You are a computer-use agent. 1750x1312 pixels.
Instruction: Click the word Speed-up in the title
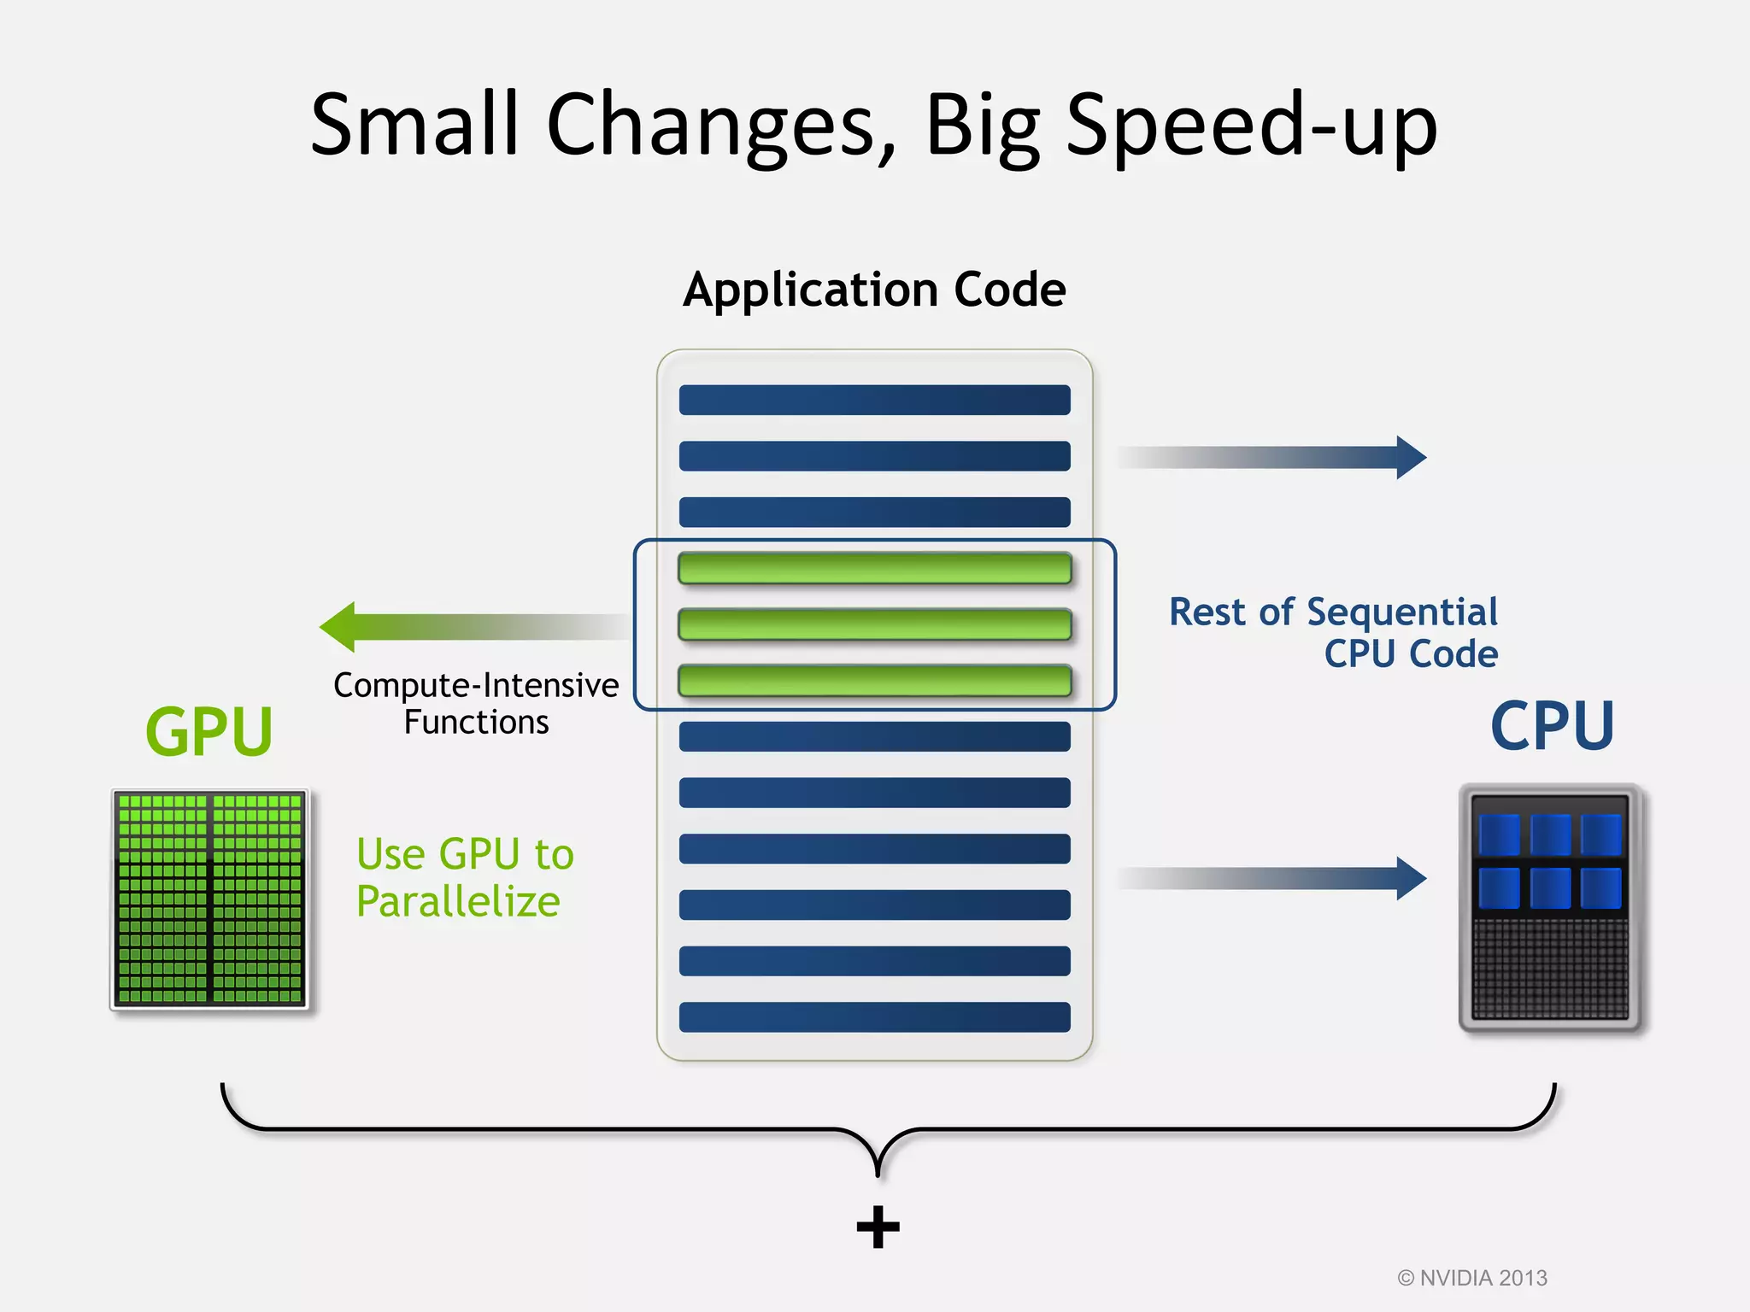1252,126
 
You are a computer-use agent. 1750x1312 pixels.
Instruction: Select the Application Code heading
874,290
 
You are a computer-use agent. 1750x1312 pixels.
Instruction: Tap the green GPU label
208,732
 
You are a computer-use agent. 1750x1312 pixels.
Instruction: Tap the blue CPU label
1552,726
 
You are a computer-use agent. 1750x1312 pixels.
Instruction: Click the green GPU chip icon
209,899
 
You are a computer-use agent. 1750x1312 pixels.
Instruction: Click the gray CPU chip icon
1550,907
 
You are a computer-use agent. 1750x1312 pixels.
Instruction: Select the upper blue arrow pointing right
1273,457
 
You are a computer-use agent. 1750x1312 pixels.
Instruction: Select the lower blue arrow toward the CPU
1273,878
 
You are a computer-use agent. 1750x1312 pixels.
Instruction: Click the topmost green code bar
874,568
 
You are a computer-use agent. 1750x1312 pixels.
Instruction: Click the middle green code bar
874,624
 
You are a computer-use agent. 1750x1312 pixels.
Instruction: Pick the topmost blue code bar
874,400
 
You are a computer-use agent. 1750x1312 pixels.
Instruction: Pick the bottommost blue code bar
874,1016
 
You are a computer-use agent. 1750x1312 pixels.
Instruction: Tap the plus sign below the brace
878,1227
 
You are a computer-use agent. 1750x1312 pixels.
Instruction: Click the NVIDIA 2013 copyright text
1472,1278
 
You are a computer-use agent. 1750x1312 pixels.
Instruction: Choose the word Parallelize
458,902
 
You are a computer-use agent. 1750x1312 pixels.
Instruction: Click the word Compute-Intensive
476,685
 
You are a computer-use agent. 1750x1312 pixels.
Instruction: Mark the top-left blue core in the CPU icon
1499,835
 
